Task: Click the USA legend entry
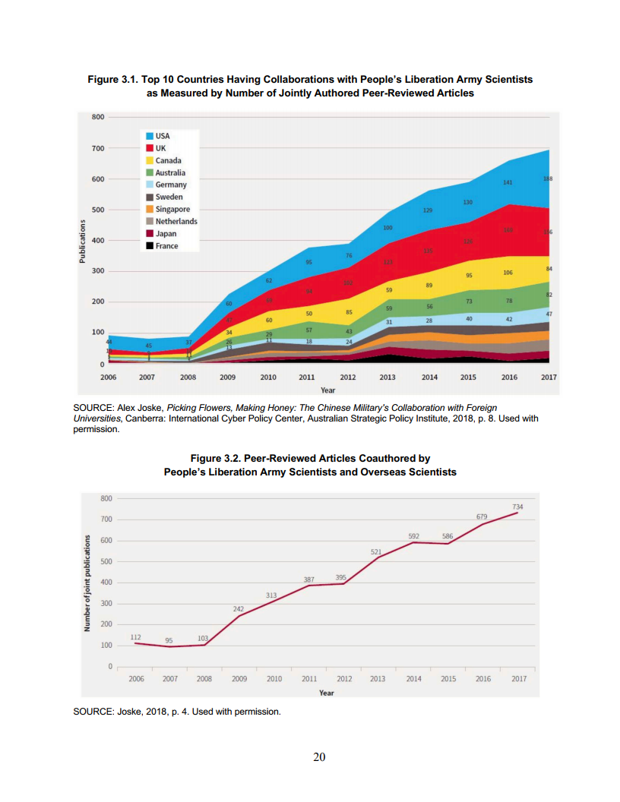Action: (162, 136)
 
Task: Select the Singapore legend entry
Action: (172, 209)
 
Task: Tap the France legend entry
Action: (166, 246)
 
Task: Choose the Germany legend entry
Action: (171, 185)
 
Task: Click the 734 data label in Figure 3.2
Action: (517, 507)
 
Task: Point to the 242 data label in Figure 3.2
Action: (238, 609)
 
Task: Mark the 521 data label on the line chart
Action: (376, 551)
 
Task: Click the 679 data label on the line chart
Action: (482, 516)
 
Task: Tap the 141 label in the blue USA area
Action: (508, 183)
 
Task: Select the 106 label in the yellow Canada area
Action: (508, 272)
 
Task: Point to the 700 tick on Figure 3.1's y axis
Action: (97, 148)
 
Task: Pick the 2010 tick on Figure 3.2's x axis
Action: (274, 679)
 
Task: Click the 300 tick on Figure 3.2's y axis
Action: (106, 604)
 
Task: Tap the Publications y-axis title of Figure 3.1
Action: (83, 241)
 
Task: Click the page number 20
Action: (320, 756)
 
